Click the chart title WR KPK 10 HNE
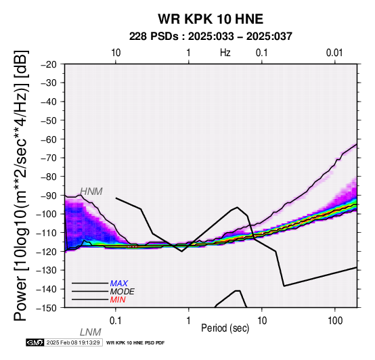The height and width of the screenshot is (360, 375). pyautogui.click(x=211, y=19)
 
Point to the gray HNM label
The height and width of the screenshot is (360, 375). pyautogui.click(x=91, y=192)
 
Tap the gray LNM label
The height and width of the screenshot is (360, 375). pyautogui.click(x=91, y=332)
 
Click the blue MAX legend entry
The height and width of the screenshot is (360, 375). pyautogui.click(x=119, y=284)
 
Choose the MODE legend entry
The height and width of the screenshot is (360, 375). pyautogui.click(x=123, y=292)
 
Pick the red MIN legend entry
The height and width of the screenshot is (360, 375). pyautogui.click(x=118, y=300)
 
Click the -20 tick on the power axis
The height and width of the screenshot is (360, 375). pyautogui.click(x=49, y=64)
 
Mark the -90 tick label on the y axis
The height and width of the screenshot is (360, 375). pyautogui.click(x=49, y=196)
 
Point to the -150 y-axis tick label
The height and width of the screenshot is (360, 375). pyautogui.click(x=47, y=308)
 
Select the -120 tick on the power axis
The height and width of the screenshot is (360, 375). pyautogui.click(x=47, y=252)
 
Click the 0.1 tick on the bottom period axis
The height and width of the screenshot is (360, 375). pyautogui.click(x=116, y=321)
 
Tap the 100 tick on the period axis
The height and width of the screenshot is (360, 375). pyautogui.click(x=335, y=321)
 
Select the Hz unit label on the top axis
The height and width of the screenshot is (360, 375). pyautogui.click(x=225, y=53)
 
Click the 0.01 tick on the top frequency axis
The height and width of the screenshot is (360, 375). pyautogui.click(x=334, y=53)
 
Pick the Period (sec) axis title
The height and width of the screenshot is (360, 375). pyautogui.click(x=225, y=328)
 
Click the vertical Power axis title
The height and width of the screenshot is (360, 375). pyautogui.click(x=21, y=185)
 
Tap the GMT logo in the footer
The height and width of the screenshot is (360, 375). pyautogui.click(x=35, y=342)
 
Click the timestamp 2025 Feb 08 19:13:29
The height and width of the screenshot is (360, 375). pyautogui.click(x=73, y=342)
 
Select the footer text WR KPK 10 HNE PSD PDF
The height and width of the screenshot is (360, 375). pyautogui.click(x=135, y=343)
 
